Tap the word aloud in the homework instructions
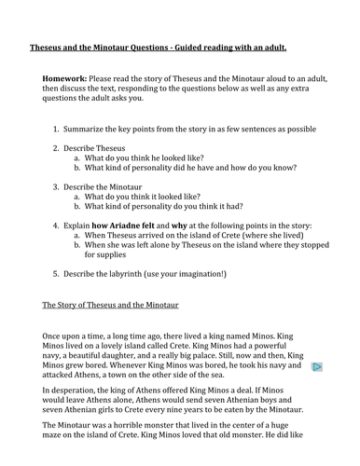[272, 78]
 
